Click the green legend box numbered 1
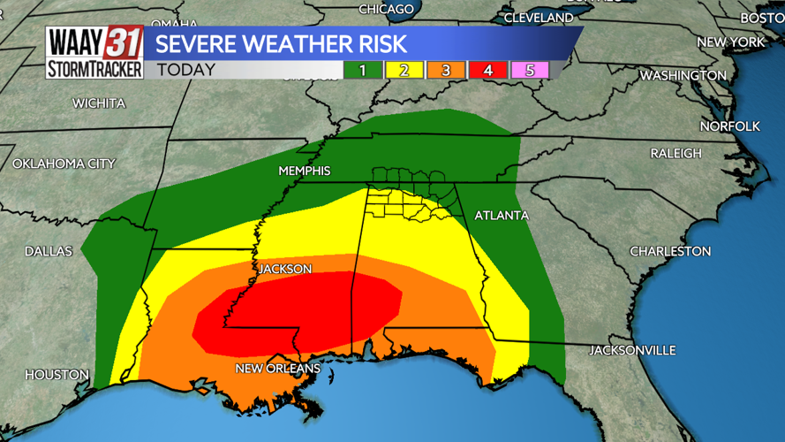tap(362, 70)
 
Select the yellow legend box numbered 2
tap(404, 70)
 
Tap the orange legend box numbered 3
tap(446, 70)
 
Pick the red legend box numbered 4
tap(487, 70)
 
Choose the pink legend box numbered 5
tap(530, 70)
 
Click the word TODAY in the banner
tap(185, 70)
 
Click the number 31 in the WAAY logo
tap(123, 42)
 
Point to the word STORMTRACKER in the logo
tap(94, 69)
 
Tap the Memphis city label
tap(304, 171)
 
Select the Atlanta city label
tap(501, 216)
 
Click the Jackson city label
tap(284, 268)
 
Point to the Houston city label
tap(57, 375)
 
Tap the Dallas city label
tap(49, 252)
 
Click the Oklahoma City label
tap(64, 164)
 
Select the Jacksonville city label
tap(632, 351)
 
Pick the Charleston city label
tap(669, 252)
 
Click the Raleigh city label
tap(676, 154)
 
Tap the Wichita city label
tap(99, 103)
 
